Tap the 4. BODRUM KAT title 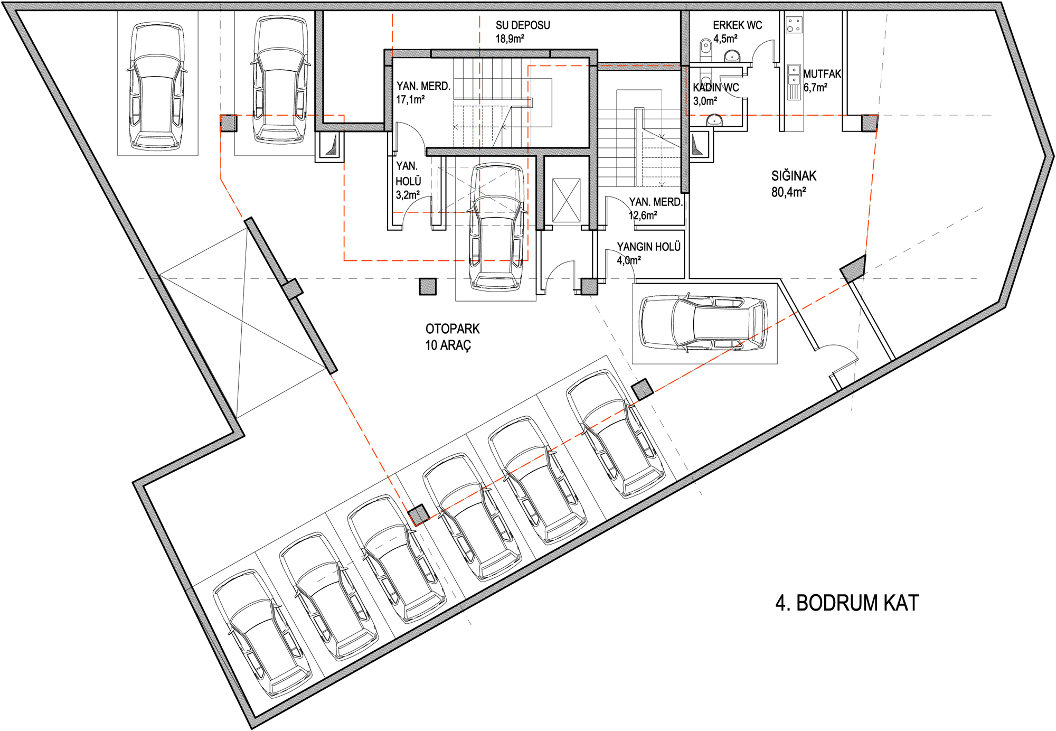(x=847, y=603)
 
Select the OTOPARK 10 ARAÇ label (x=452, y=337)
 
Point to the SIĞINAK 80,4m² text (x=794, y=184)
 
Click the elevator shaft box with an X (x=566, y=200)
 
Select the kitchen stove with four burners (x=794, y=24)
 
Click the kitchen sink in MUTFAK (x=794, y=74)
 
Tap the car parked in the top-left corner (x=157, y=86)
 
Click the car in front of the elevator (x=497, y=227)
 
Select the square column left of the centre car (x=428, y=286)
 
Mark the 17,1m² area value (x=410, y=99)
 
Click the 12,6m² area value (x=643, y=215)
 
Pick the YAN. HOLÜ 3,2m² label (x=408, y=181)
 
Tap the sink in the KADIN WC (x=714, y=120)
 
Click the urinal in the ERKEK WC (x=706, y=48)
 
